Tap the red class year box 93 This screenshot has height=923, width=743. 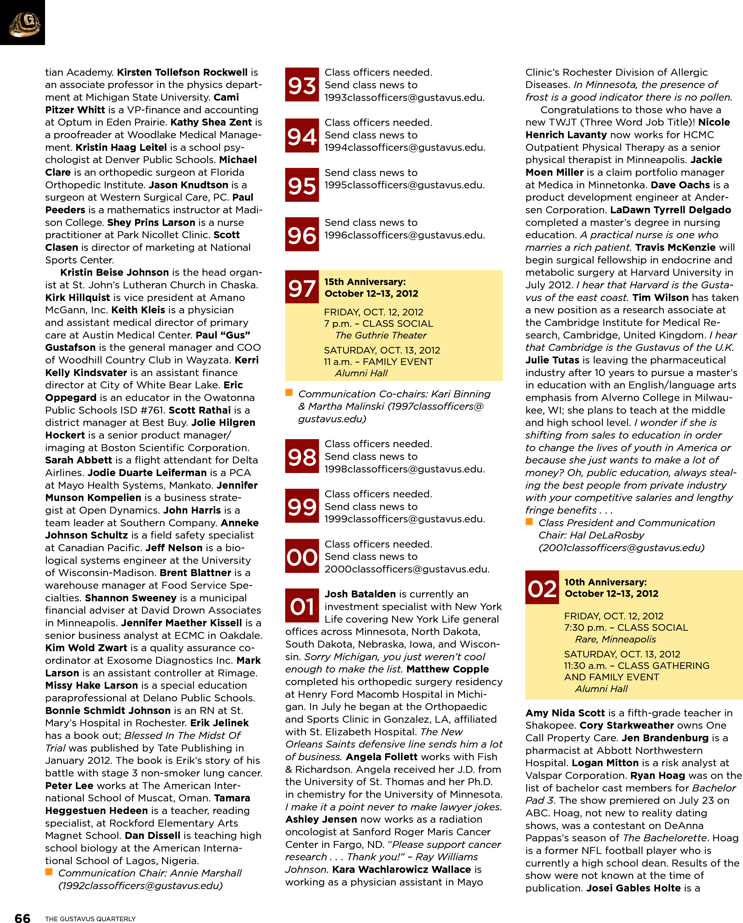(302, 85)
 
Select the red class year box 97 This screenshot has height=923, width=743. (302, 287)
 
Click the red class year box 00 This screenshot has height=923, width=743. (302, 556)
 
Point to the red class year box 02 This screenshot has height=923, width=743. (542, 588)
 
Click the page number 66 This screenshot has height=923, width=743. (22, 917)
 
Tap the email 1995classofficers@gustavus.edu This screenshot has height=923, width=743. (404, 185)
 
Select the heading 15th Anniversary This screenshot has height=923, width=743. (365, 282)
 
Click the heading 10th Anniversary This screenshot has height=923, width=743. (605, 582)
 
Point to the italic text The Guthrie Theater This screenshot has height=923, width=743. (381, 335)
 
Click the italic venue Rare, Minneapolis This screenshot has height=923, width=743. (615, 639)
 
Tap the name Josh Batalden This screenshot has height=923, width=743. (360, 594)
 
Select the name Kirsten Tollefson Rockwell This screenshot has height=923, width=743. (182, 72)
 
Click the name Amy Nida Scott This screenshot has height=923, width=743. (565, 713)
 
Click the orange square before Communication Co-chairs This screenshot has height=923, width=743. (289, 393)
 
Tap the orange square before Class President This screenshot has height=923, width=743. (529, 521)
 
